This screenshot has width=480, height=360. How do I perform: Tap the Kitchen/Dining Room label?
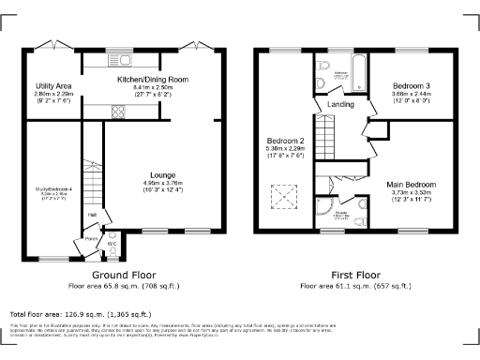[x=152, y=81]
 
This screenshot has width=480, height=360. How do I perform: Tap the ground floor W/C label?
[x=112, y=243]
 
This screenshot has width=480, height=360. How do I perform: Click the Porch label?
[x=92, y=238]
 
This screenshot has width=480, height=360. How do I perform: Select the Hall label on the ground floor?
[x=92, y=215]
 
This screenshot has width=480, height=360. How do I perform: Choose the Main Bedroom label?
[x=412, y=185]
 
